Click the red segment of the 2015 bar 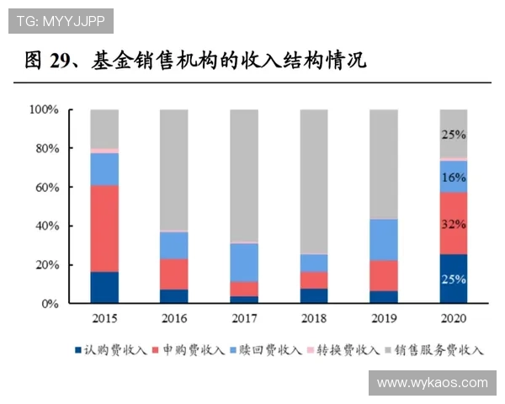[x=104, y=228]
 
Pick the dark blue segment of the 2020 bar [x=454, y=279]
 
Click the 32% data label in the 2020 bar [x=454, y=225]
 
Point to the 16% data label [x=454, y=178]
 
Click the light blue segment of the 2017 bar [x=244, y=262]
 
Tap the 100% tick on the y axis [x=44, y=109]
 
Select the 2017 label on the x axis [x=244, y=319]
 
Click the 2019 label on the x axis [x=384, y=319]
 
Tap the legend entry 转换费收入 [x=351, y=349]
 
